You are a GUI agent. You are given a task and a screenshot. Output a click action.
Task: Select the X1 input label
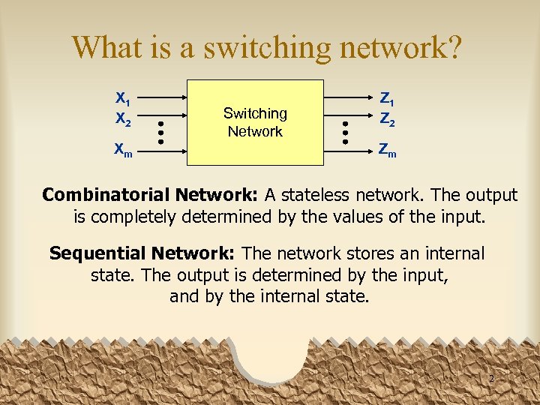pos(123,98)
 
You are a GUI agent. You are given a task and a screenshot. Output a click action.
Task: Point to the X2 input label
pos(123,118)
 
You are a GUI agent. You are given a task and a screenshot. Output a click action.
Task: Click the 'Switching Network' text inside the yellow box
pos(255,122)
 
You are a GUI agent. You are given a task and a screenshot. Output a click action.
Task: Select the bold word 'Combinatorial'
pos(106,195)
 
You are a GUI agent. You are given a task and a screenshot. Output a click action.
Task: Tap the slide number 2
pos(491,379)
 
